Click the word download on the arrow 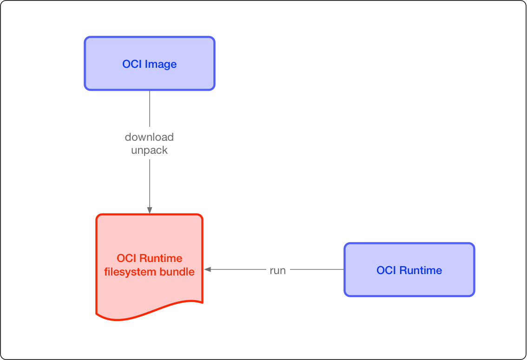149,137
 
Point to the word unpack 149,151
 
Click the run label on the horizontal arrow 277,270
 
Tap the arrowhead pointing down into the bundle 149,210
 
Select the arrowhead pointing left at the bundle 208,269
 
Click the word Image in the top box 161,64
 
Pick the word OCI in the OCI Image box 132,64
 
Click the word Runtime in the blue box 421,270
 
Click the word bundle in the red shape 177,272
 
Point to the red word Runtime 161,258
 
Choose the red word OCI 126,258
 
